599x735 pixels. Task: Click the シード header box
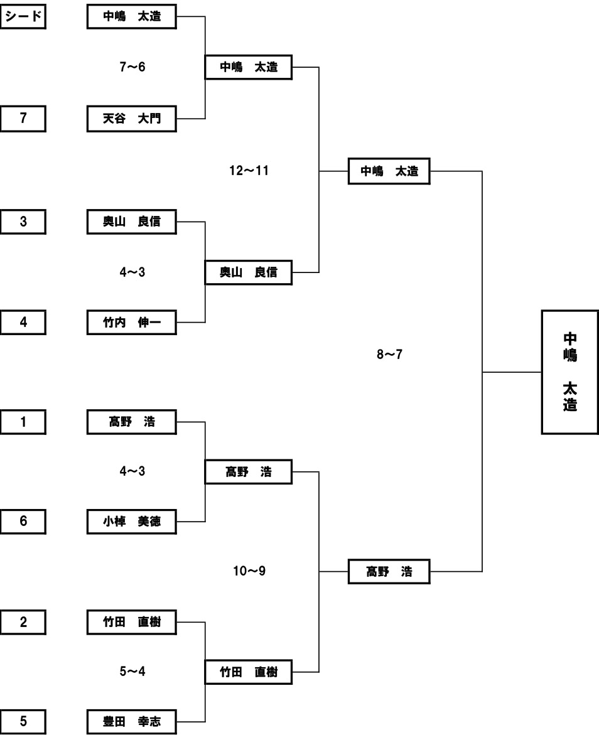click(23, 17)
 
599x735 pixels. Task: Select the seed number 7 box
click(23, 118)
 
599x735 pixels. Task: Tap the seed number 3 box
click(23, 221)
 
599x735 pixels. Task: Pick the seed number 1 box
click(23, 422)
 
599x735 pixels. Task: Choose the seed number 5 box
click(23, 722)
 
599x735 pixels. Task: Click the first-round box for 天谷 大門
click(132, 118)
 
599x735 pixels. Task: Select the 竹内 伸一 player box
click(132, 322)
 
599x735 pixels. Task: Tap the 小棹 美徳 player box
click(132, 521)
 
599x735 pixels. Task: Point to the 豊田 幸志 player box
click(132, 722)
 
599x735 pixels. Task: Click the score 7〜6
click(132, 67)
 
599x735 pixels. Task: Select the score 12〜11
click(249, 170)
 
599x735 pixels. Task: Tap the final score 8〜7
click(389, 355)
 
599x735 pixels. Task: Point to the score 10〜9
click(249, 571)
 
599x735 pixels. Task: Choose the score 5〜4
click(132, 671)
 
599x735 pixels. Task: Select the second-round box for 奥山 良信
click(249, 272)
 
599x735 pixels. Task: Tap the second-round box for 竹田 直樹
click(249, 672)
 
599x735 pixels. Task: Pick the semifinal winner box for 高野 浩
click(389, 572)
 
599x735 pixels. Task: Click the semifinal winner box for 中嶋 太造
click(389, 171)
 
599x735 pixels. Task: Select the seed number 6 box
click(23, 521)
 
